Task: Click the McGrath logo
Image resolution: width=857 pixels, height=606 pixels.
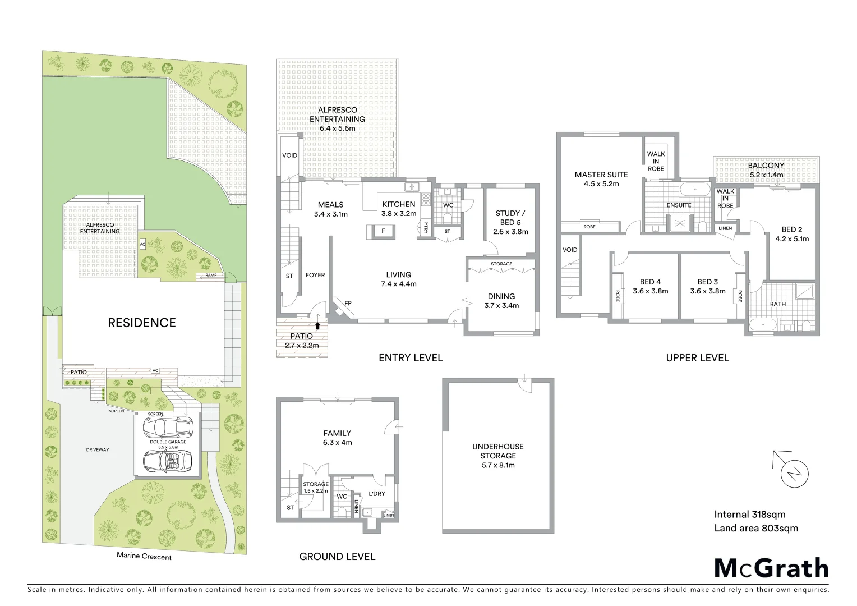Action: (x=771, y=568)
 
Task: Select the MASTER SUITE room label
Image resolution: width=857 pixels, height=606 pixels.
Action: (x=601, y=175)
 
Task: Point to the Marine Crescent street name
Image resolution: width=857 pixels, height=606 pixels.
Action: (x=144, y=556)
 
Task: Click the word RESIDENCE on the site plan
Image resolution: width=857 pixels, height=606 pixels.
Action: (x=142, y=323)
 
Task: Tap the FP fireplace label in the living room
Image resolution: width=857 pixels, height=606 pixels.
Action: (x=348, y=304)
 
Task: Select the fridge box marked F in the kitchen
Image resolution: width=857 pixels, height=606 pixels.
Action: (x=383, y=231)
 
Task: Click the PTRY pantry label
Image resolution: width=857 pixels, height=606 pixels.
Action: (x=426, y=228)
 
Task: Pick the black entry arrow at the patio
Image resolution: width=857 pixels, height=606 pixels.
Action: (x=318, y=325)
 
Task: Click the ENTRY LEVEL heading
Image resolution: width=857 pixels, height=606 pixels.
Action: (x=411, y=358)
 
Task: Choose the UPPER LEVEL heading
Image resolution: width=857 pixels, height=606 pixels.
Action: (x=697, y=358)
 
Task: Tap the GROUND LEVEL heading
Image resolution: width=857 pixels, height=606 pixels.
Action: (x=337, y=557)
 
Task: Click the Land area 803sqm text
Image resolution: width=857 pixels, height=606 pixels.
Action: (x=755, y=528)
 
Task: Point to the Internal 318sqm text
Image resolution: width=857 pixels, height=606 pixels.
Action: (x=749, y=514)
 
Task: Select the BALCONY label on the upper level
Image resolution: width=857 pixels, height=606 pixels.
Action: (x=766, y=166)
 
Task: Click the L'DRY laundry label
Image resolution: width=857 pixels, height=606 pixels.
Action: (x=376, y=494)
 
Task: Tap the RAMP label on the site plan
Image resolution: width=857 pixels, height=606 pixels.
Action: (x=210, y=276)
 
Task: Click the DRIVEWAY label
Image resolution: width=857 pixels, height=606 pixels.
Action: (x=98, y=449)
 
